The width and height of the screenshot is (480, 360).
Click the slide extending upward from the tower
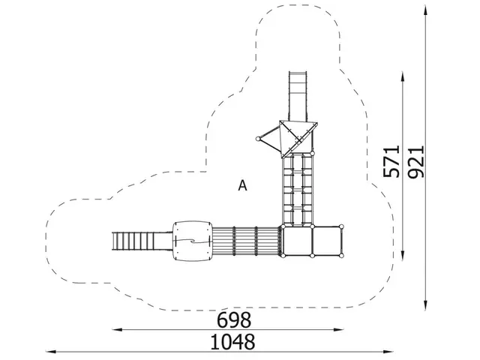pos(298,94)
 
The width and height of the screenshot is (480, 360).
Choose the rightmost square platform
pos(326,241)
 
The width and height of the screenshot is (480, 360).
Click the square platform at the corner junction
pos(296,241)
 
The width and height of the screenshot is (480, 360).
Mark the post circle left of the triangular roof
pos(259,138)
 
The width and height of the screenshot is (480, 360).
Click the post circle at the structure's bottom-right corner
pos(341,256)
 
